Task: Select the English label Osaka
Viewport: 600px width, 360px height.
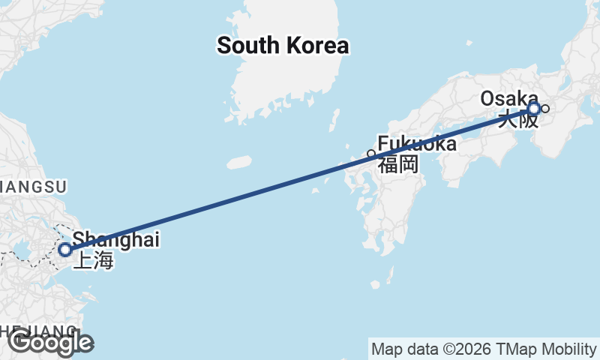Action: pos(508,98)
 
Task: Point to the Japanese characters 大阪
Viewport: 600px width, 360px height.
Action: pos(518,118)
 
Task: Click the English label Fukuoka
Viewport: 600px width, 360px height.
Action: pos(416,143)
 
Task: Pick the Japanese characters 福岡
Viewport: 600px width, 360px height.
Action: pos(397,164)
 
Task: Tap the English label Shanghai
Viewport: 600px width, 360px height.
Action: pos(115,240)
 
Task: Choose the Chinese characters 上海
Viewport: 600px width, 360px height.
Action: pos(92,261)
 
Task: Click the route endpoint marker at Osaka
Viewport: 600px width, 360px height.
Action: pos(533,109)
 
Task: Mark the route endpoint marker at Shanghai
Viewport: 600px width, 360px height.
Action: pos(65,249)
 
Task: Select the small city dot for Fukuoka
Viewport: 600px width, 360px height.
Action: pos(370,154)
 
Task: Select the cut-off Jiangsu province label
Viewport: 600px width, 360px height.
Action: pos(34,186)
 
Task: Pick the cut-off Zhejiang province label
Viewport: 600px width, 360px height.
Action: pos(37,331)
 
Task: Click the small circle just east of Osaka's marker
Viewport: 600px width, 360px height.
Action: pos(545,109)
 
